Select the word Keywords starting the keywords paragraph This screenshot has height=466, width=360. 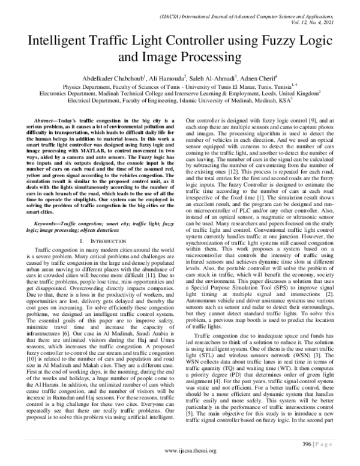pos(48,225)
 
